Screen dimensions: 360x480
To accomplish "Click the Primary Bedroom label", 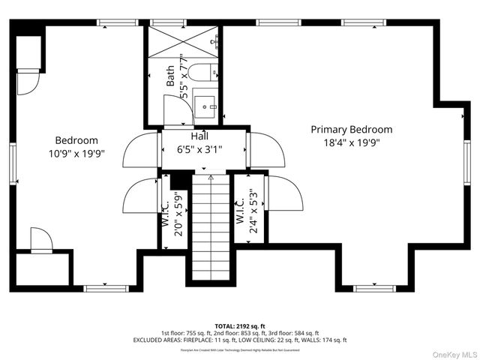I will (351, 129).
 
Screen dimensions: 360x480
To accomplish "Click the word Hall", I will (199, 136).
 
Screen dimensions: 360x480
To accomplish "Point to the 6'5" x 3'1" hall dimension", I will (199, 148).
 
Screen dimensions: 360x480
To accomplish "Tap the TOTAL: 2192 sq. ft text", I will (240, 326).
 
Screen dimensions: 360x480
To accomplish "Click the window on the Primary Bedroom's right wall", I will (466, 161).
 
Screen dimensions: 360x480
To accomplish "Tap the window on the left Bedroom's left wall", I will (12, 161).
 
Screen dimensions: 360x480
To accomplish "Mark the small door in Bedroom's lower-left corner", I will (41, 241).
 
